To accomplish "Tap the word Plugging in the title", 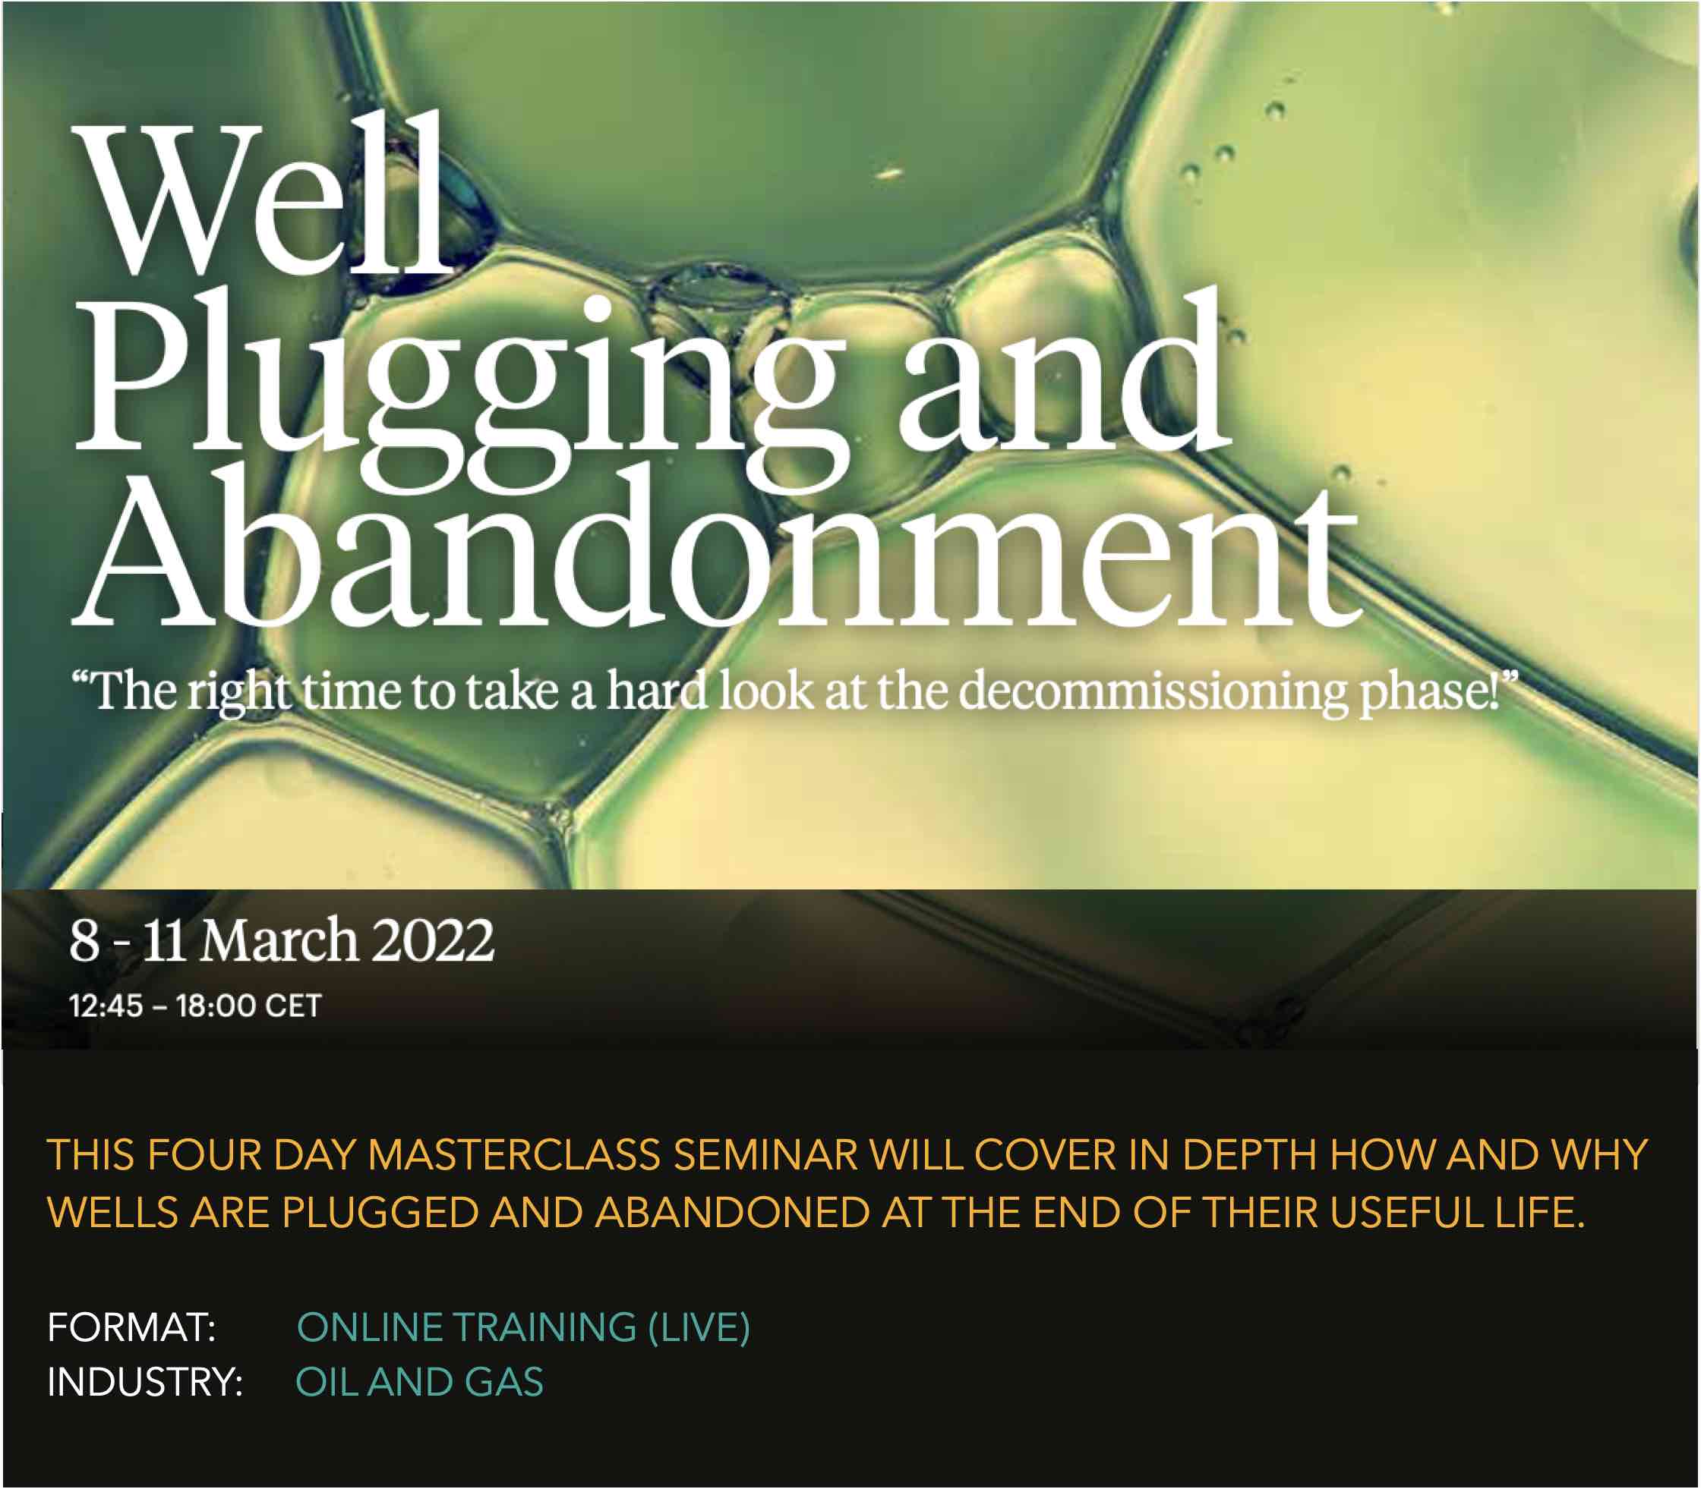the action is [x=462, y=391].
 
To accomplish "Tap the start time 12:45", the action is [x=106, y=1006].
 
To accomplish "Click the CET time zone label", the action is [x=293, y=1006].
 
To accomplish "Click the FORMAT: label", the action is [x=131, y=1327].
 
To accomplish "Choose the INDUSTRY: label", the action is [x=144, y=1383].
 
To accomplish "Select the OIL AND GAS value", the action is [x=420, y=1383].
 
